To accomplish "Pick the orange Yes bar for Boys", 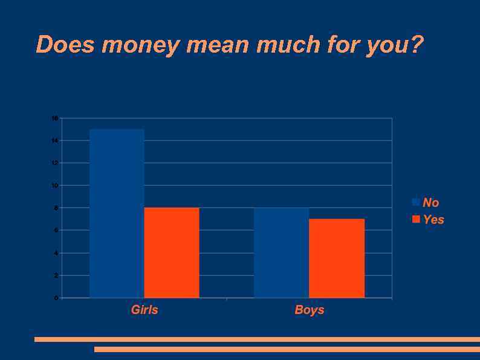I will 337,258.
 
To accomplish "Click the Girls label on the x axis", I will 144,310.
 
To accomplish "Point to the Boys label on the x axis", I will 310,310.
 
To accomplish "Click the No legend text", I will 431,203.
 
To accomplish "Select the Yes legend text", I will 433,220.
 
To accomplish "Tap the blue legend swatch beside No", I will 416,202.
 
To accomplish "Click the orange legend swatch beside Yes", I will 416,219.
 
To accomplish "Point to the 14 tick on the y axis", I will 55,140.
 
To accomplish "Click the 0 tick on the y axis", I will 56,298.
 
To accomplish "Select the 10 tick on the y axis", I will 55,186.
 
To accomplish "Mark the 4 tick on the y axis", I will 56,253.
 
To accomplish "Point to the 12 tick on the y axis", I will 55,163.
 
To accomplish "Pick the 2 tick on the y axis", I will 56,275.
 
